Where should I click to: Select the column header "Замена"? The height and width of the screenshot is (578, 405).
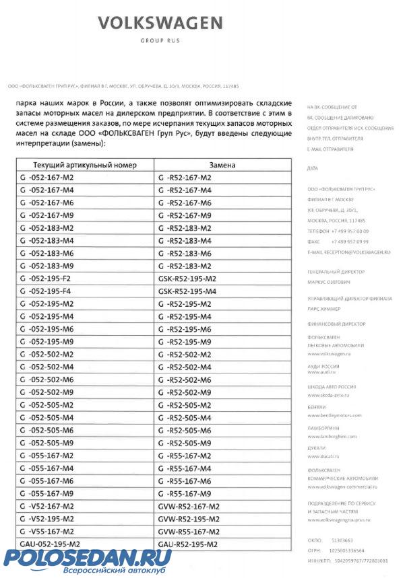222,166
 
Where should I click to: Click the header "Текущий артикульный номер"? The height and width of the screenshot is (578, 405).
85,166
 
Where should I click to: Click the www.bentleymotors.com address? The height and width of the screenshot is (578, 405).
334,415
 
